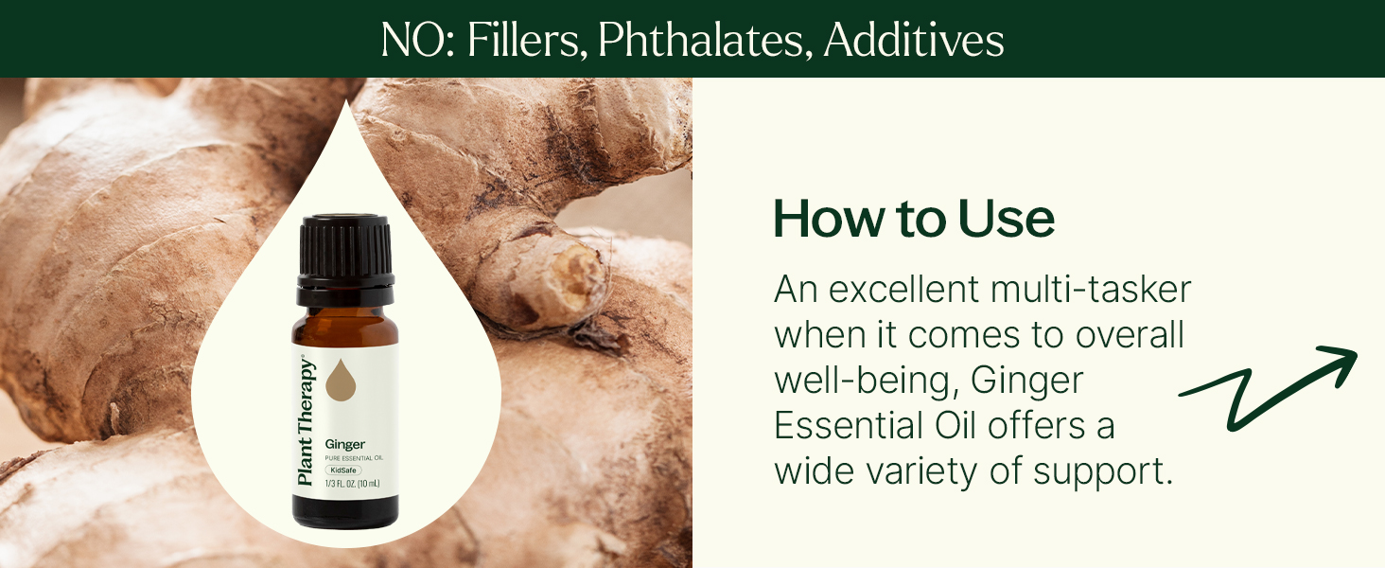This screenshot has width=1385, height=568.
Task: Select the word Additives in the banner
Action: (x=914, y=40)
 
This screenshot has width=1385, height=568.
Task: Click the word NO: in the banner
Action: (x=417, y=40)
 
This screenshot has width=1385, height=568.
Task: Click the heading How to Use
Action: (x=914, y=219)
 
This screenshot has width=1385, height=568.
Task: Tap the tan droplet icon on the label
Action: (x=341, y=379)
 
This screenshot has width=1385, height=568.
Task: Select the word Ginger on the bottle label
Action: (x=345, y=444)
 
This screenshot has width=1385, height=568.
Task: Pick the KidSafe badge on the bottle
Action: (x=343, y=470)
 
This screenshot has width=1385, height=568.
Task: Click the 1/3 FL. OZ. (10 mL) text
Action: (x=353, y=483)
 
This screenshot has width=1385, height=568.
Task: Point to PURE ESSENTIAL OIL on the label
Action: (x=354, y=458)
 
